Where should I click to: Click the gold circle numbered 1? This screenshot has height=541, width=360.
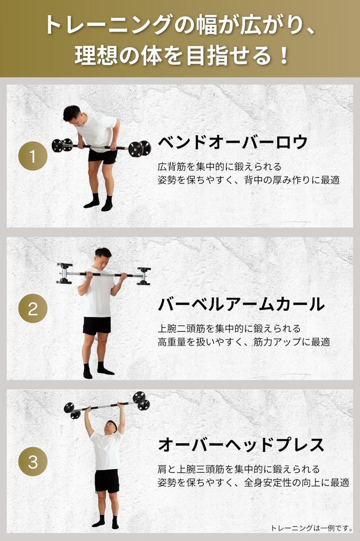pos(33,156)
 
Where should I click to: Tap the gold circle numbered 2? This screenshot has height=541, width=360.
pos(33,309)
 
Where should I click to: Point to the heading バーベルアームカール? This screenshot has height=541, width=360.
pos(241,304)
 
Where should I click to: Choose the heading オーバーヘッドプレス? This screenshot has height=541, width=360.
pos(241,445)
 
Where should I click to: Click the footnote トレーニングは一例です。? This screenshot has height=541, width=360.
pos(311,528)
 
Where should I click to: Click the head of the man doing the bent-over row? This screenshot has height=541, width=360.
pos(73,115)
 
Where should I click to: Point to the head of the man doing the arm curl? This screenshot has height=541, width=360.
pos(103,257)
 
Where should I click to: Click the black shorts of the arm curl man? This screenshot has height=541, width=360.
pos(97,325)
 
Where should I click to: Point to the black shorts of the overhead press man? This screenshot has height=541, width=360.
pos(107,480)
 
